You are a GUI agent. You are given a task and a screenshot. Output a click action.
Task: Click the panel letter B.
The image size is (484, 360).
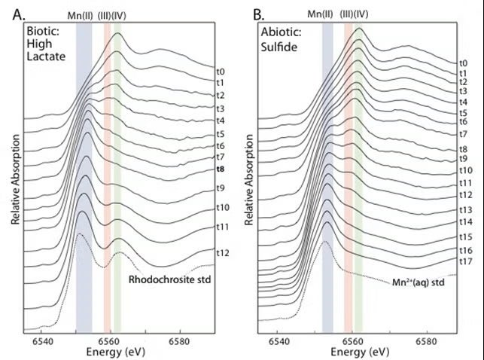(x=257, y=14)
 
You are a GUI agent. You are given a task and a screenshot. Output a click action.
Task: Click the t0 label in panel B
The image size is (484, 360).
(x=464, y=63)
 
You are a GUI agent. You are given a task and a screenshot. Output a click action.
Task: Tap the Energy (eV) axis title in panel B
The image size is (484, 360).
(x=354, y=352)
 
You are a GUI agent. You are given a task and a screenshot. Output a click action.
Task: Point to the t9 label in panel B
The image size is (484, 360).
(x=464, y=159)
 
